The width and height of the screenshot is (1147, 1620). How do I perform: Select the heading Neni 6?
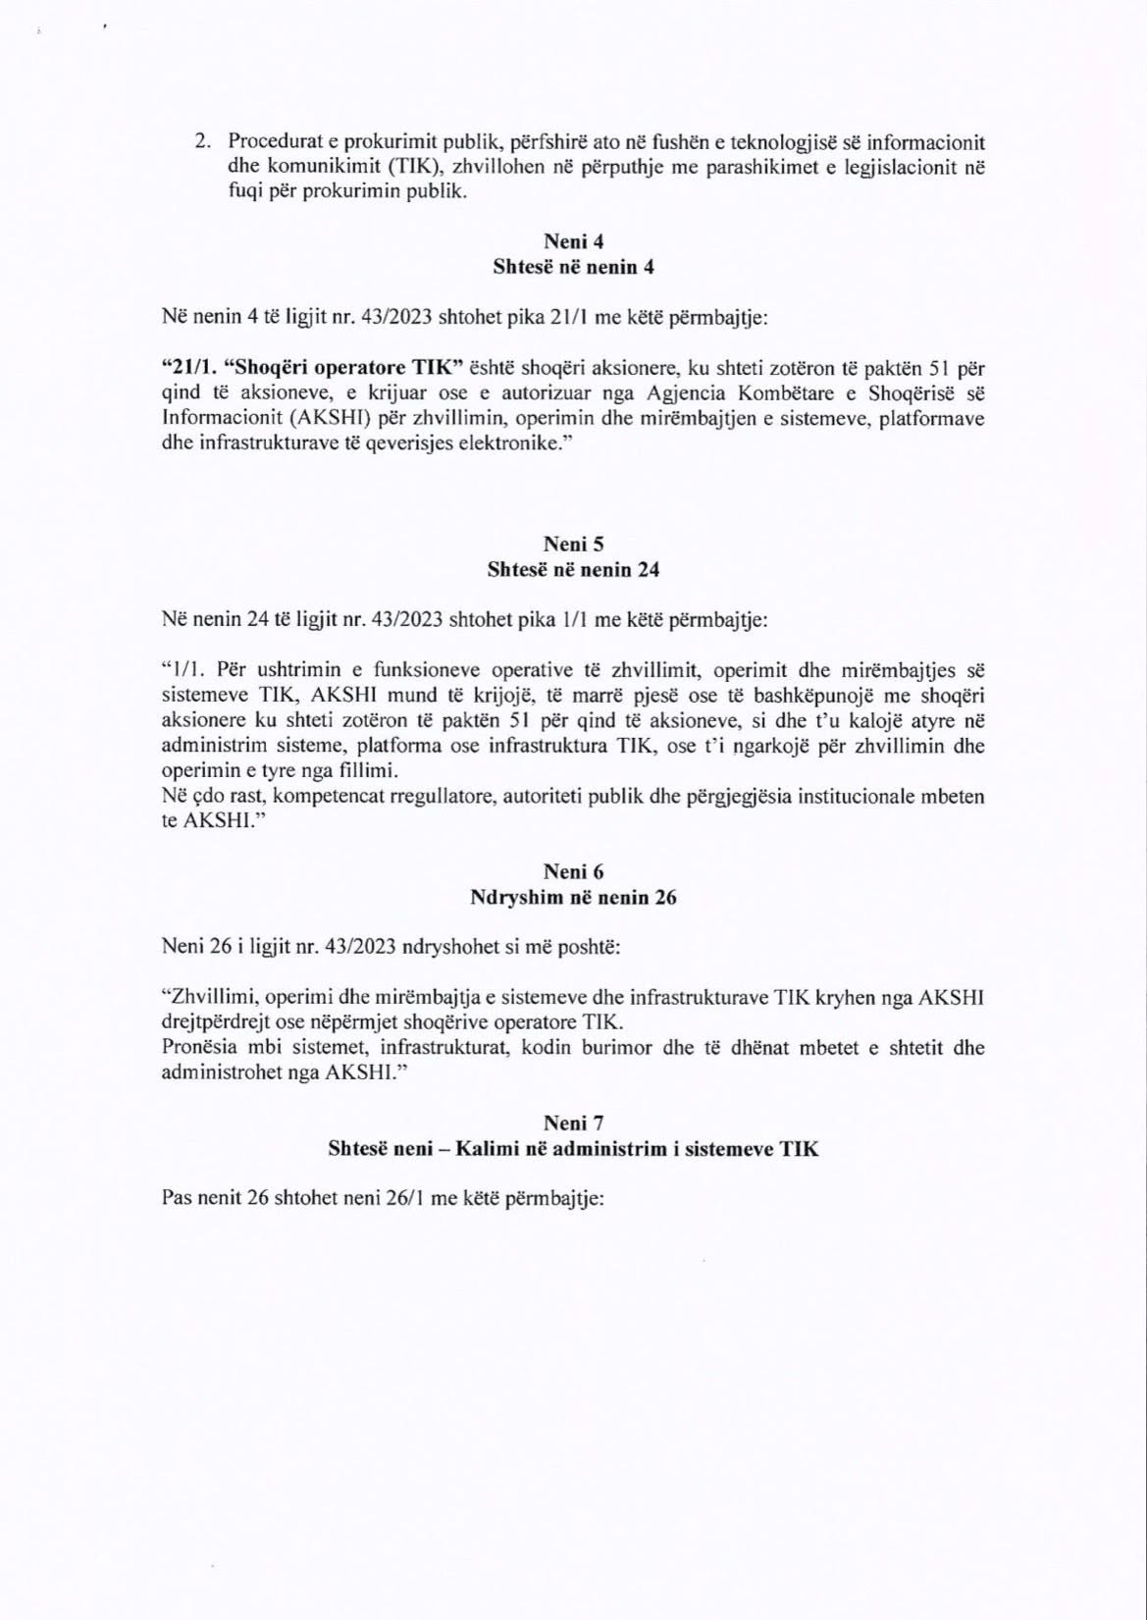[573, 872]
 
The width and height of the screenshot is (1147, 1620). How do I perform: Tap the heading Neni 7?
[573, 1124]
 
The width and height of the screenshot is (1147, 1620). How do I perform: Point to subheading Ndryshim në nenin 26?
[573, 897]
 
